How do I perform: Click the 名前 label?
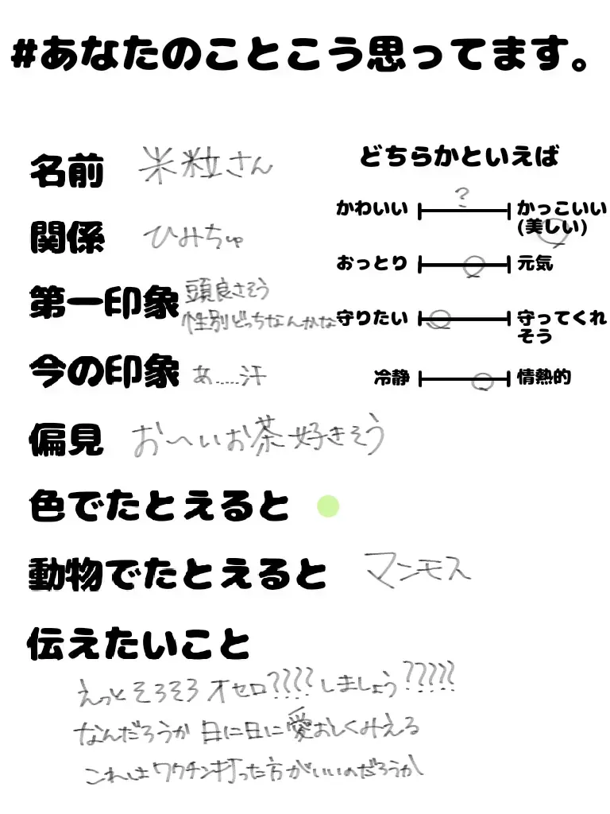(67, 170)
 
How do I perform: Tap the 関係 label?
(67, 238)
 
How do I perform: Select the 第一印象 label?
(103, 304)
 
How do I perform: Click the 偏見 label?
(67, 439)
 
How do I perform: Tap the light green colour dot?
(328, 506)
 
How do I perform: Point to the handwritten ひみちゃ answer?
(193, 236)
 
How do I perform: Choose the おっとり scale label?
(372, 263)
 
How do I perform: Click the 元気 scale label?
(535, 263)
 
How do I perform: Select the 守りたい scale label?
(372, 319)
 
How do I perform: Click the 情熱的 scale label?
(544, 378)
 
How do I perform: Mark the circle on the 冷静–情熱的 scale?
(481, 382)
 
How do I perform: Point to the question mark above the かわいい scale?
(461, 196)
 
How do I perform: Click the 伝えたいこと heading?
(138, 643)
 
